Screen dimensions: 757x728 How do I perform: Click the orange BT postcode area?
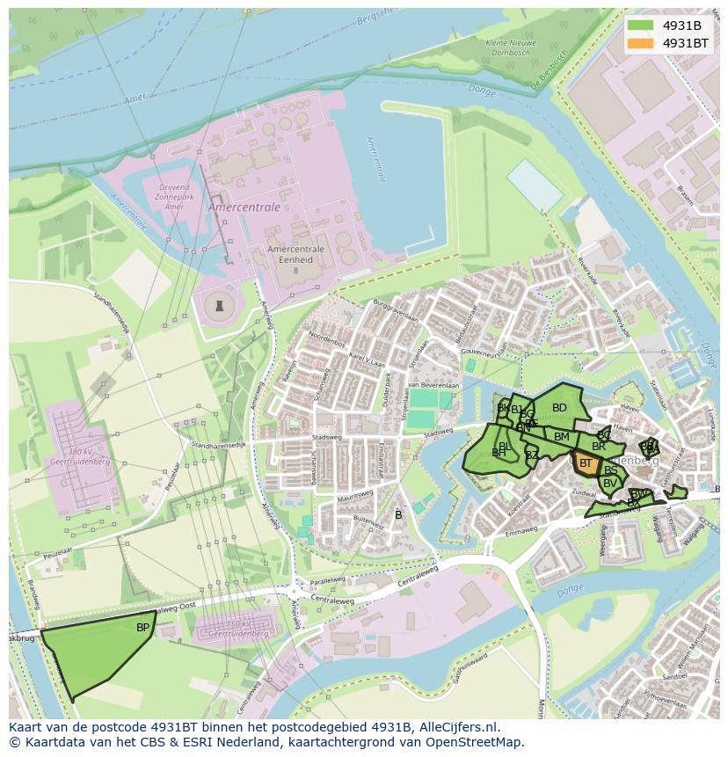coord(586,463)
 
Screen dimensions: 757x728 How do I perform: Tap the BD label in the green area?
coord(559,408)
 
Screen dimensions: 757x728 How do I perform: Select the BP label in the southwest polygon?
coord(142,628)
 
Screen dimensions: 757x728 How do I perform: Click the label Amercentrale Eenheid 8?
coord(295,259)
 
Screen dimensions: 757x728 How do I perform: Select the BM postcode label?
coord(562,437)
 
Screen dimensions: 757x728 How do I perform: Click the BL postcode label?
coord(505,447)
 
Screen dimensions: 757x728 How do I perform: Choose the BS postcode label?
coord(611,470)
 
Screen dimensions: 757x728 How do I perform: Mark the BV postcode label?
coord(609,483)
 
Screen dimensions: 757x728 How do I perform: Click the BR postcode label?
coord(599,447)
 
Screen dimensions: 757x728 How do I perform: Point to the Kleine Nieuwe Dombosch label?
coord(507,47)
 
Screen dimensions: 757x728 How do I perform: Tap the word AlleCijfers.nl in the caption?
coord(458,727)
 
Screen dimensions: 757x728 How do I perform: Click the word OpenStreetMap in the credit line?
coord(477,742)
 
